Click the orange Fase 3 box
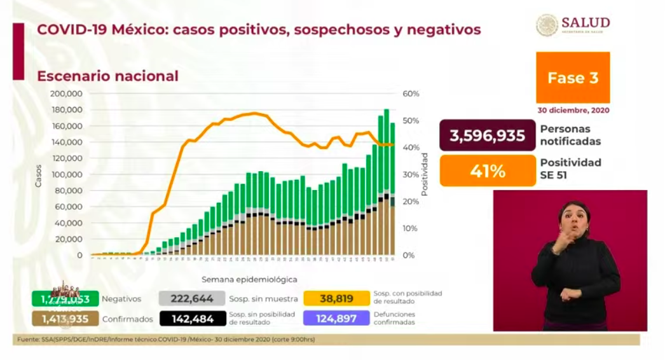point(573,78)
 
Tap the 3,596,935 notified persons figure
point(487,135)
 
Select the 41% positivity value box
point(487,171)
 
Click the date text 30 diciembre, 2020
point(573,110)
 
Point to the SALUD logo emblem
point(547,25)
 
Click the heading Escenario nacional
point(107,76)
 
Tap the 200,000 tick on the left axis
point(67,93)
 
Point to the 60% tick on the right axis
point(411,93)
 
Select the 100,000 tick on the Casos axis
point(67,174)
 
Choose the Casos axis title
point(39,175)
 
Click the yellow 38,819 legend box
point(336,298)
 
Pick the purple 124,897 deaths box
point(336,318)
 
